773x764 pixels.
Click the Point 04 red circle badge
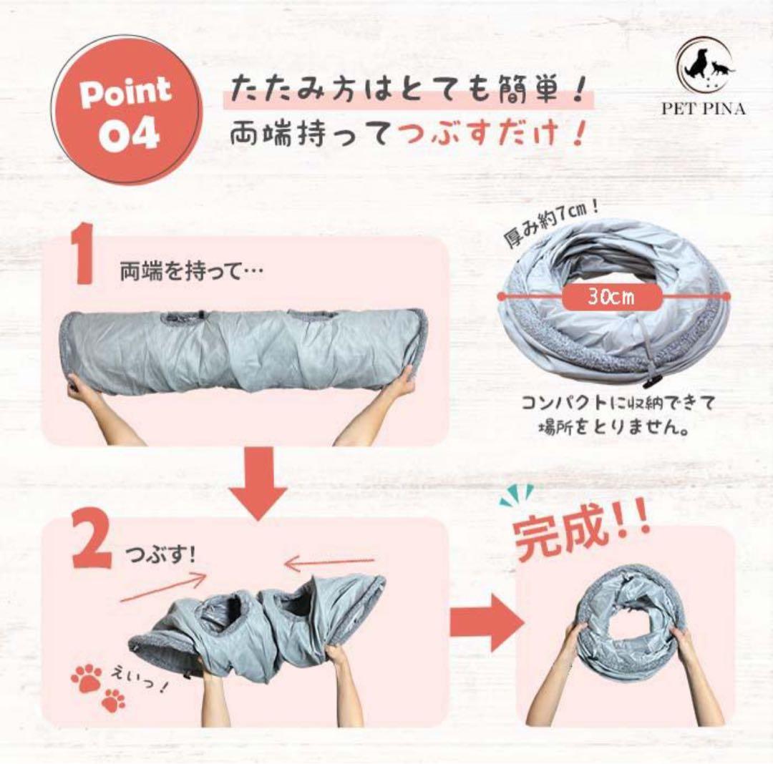tap(129, 110)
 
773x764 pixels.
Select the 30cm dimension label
tap(611, 297)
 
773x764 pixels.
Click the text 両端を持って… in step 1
tap(192, 272)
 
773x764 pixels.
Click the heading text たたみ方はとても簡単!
tap(408, 90)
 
